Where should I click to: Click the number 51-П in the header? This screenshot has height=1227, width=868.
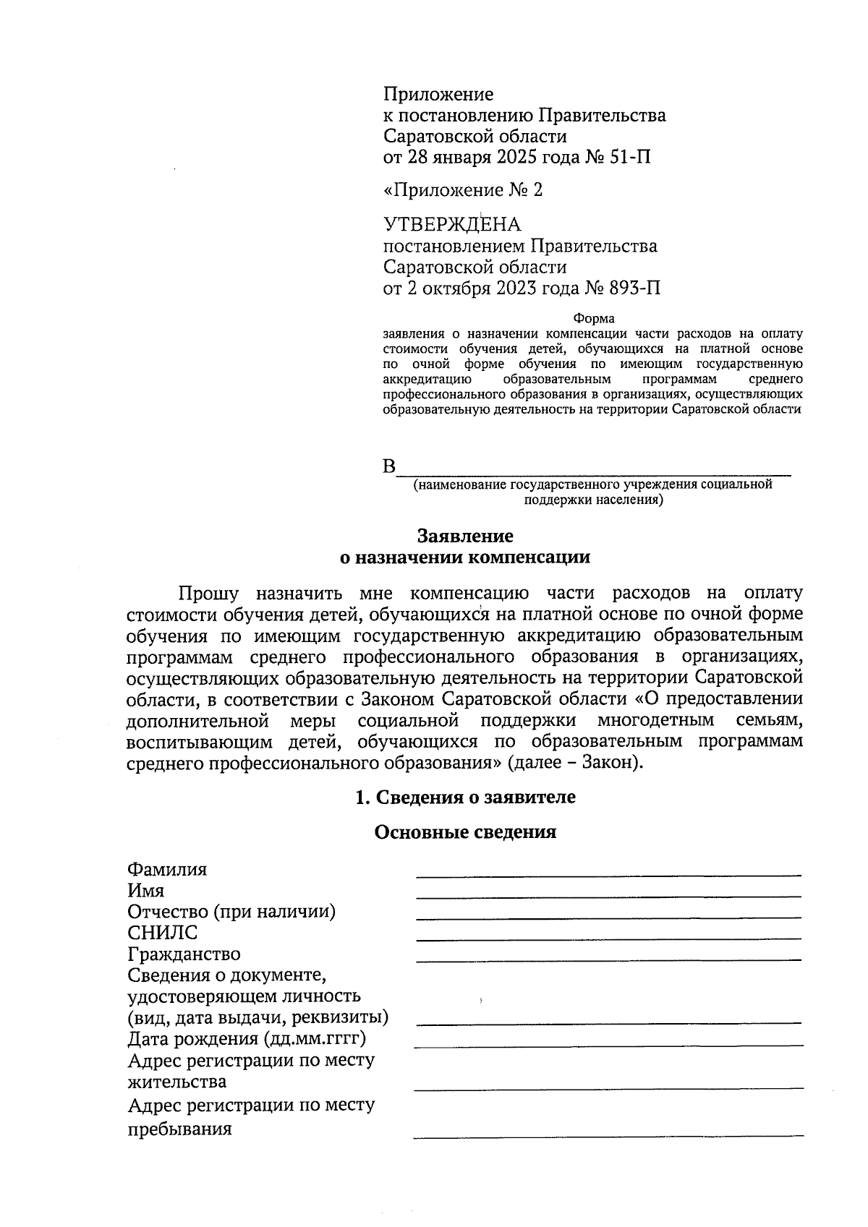(631, 157)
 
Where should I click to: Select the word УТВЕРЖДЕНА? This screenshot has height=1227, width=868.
(451, 225)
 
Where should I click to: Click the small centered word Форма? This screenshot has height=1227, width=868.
(593, 319)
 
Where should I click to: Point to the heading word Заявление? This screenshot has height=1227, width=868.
(465, 536)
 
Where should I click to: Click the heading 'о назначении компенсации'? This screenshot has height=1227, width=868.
(465, 557)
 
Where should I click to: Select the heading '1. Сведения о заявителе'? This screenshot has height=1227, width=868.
(465, 797)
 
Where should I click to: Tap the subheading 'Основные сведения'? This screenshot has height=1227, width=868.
(465, 832)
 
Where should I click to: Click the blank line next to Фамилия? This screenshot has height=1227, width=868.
(608, 874)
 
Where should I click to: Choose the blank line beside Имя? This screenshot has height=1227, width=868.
(608, 896)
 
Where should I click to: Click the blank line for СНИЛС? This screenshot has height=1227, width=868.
(608, 939)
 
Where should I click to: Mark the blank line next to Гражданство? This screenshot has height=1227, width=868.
(608, 959)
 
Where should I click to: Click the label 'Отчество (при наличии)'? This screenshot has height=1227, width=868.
(231, 912)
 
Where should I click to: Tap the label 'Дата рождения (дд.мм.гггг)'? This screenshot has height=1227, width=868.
(247, 1039)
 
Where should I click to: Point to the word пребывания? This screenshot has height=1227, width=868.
(179, 1129)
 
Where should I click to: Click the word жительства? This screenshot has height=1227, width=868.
(176, 1082)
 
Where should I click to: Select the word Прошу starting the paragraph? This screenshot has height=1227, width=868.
(208, 594)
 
